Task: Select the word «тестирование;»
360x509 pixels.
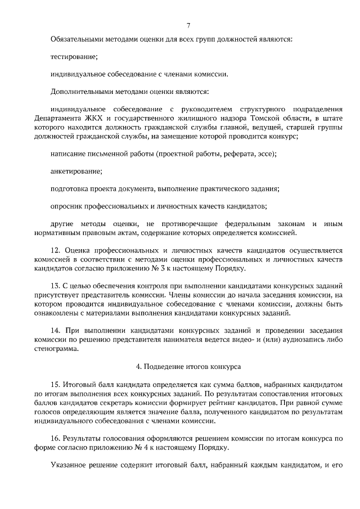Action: coord(74,57)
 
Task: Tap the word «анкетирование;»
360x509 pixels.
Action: coord(76,170)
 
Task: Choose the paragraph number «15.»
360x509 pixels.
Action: coord(56,384)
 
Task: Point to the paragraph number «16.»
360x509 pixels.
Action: coord(56,438)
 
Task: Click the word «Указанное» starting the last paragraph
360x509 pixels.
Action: coord(69,465)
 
